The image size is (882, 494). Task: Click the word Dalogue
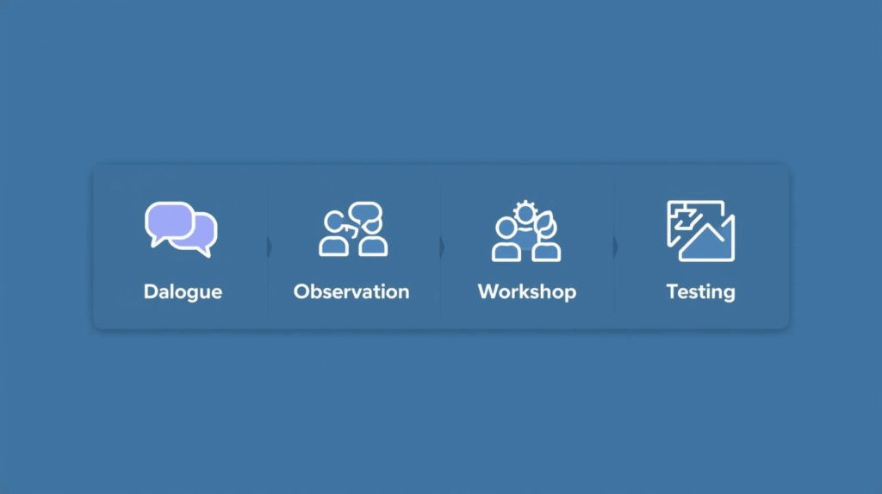[x=183, y=291]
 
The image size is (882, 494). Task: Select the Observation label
[x=351, y=291]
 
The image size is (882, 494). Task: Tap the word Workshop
[x=527, y=291]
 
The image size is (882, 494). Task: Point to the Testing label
[x=701, y=291]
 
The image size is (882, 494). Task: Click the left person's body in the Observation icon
[x=333, y=247]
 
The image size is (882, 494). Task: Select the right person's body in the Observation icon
[x=373, y=247]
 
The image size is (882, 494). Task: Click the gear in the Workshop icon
[x=525, y=214]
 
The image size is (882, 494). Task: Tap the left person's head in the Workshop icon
[x=506, y=228]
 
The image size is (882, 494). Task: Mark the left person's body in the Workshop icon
[x=506, y=252]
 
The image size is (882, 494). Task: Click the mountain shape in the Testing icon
[x=706, y=243]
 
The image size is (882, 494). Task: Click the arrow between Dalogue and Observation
[x=270, y=247]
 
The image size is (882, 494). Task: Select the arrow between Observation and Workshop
[x=443, y=247]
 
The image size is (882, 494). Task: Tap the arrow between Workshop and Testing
[x=616, y=247]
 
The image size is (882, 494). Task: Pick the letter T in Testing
[x=672, y=291]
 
